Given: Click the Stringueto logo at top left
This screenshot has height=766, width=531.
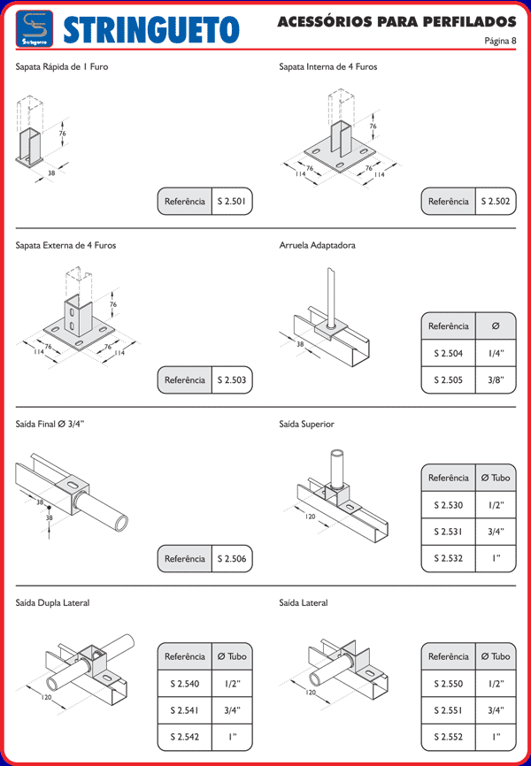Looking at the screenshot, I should (35, 29).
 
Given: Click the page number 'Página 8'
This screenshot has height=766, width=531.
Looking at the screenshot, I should (500, 40).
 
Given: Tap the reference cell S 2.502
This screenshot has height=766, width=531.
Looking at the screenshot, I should (496, 202).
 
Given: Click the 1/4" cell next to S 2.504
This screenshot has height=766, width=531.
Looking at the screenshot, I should (496, 353).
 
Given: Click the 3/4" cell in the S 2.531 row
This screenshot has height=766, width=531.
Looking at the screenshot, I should (496, 532).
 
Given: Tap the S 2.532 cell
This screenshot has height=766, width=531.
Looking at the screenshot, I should (448, 558).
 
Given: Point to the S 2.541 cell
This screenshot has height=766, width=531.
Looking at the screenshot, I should (184, 710).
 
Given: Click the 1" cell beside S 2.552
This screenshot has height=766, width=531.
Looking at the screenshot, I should (496, 737).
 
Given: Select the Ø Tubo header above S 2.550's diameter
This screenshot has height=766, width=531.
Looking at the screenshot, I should (496, 656).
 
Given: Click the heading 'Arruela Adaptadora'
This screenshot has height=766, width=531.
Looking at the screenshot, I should (317, 245).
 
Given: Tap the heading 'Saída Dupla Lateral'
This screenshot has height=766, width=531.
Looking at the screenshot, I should (52, 603).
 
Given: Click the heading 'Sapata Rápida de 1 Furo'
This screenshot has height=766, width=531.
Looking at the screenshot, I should (62, 66).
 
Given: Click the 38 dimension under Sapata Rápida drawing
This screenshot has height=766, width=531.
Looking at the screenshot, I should (51, 173).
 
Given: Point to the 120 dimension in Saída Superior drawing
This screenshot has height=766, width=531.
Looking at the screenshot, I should (311, 517).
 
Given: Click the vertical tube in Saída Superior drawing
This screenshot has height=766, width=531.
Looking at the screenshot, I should (336, 465).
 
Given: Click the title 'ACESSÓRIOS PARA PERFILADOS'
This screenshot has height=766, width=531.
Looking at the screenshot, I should (396, 20).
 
